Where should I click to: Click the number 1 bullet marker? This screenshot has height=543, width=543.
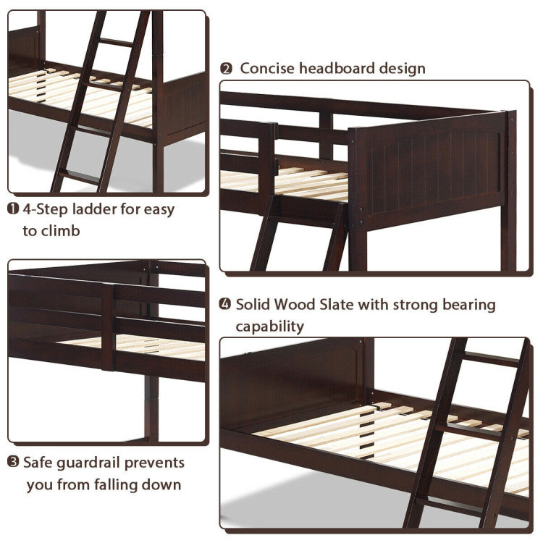(13, 210)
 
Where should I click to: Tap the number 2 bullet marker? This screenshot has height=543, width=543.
(227, 69)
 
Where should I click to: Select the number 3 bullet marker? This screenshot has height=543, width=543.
(13, 462)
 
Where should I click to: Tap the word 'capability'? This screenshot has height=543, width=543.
(269, 327)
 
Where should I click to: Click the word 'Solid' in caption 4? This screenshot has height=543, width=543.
(254, 305)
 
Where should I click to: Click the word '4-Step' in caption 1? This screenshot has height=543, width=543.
(45, 210)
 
